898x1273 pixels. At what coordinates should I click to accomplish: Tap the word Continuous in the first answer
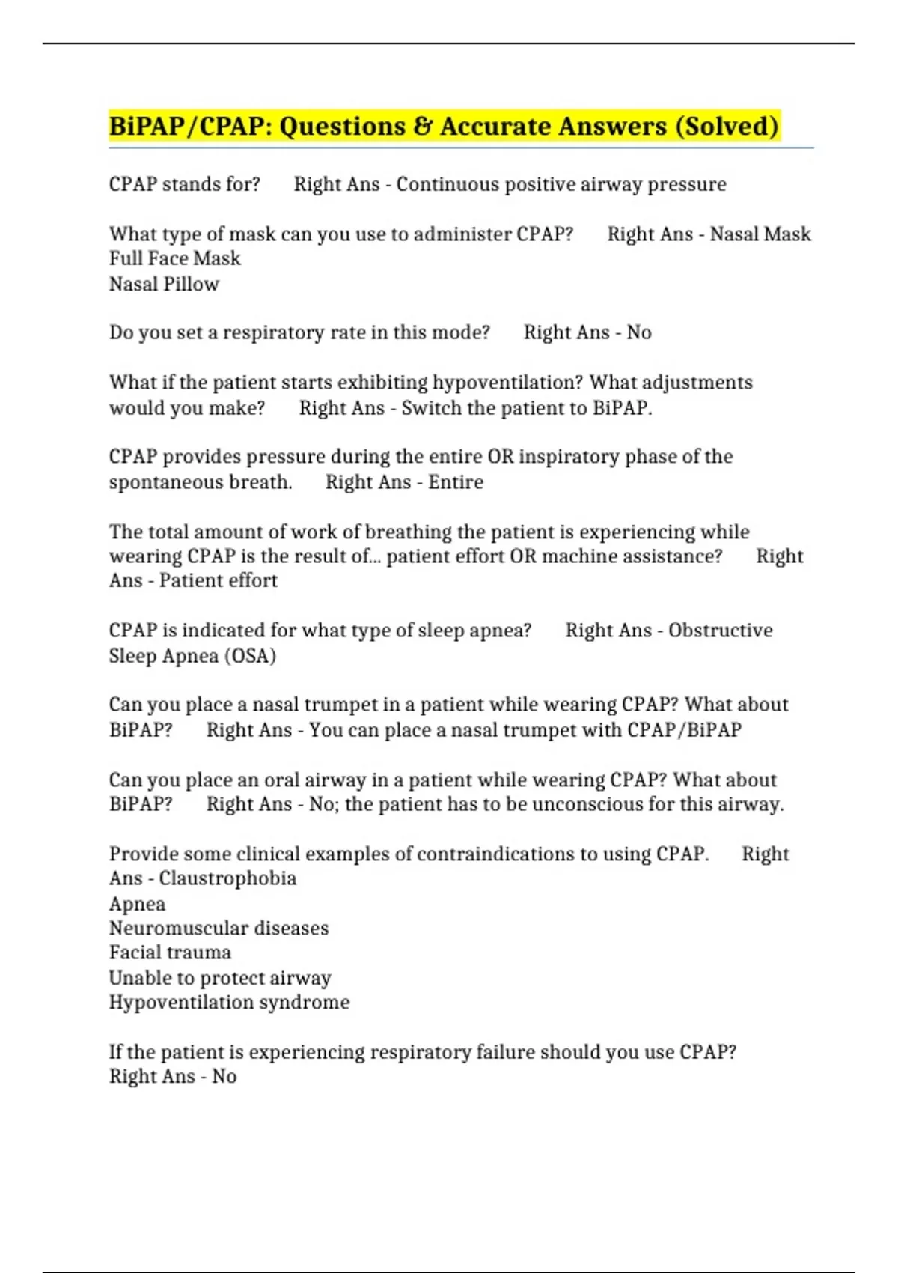pos(447,184)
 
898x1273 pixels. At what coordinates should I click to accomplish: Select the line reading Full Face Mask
pos(175,258)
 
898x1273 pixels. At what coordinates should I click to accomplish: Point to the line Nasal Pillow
pos(164,284)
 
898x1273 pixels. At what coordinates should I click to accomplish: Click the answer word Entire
pos(456,481)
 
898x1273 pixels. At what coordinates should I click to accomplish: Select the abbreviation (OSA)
pos(250,656)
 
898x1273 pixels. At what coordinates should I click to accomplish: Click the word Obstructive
pos(720,631)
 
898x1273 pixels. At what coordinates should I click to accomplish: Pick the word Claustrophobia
pos(227,878)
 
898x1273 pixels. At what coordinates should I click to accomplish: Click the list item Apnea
pos(137,904)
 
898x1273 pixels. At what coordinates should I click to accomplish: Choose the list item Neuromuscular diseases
pos(219,929)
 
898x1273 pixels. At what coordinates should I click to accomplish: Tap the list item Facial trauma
pos(170,953)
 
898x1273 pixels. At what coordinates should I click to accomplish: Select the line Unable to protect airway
pos(220,978)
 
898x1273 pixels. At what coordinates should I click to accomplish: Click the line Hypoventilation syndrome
pos(229,1002)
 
